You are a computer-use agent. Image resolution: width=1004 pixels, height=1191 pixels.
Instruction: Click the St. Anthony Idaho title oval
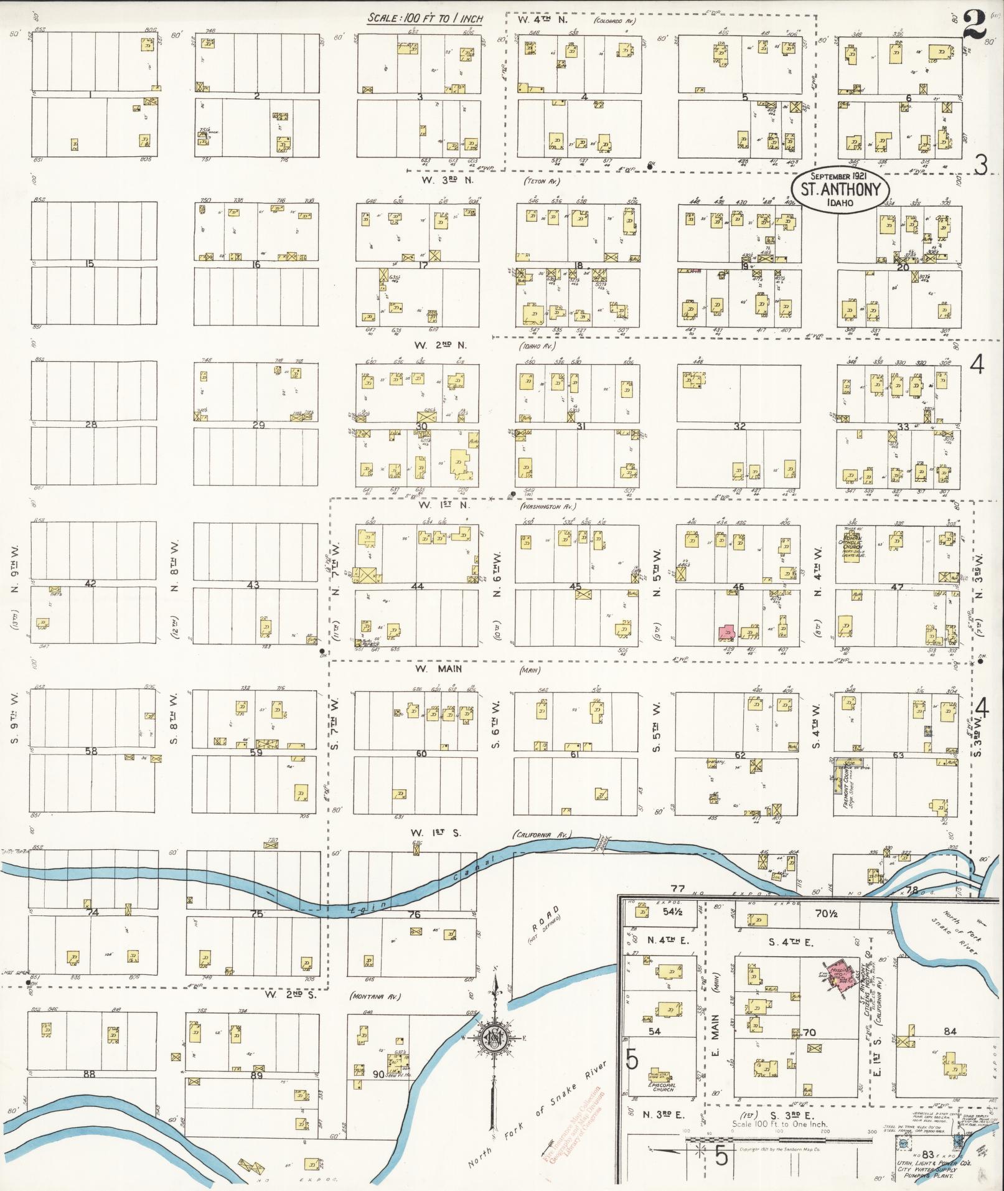[840, 190]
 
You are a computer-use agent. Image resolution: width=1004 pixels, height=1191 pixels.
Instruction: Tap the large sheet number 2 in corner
[976, 26]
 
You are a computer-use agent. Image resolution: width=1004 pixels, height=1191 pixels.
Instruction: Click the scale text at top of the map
[425, 18]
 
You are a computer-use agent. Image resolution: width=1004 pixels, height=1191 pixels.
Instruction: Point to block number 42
[91, 583]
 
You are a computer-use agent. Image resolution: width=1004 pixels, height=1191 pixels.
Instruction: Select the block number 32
[739, 426]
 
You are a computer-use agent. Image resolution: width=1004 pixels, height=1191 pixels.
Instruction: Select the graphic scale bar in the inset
[747, 1140]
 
